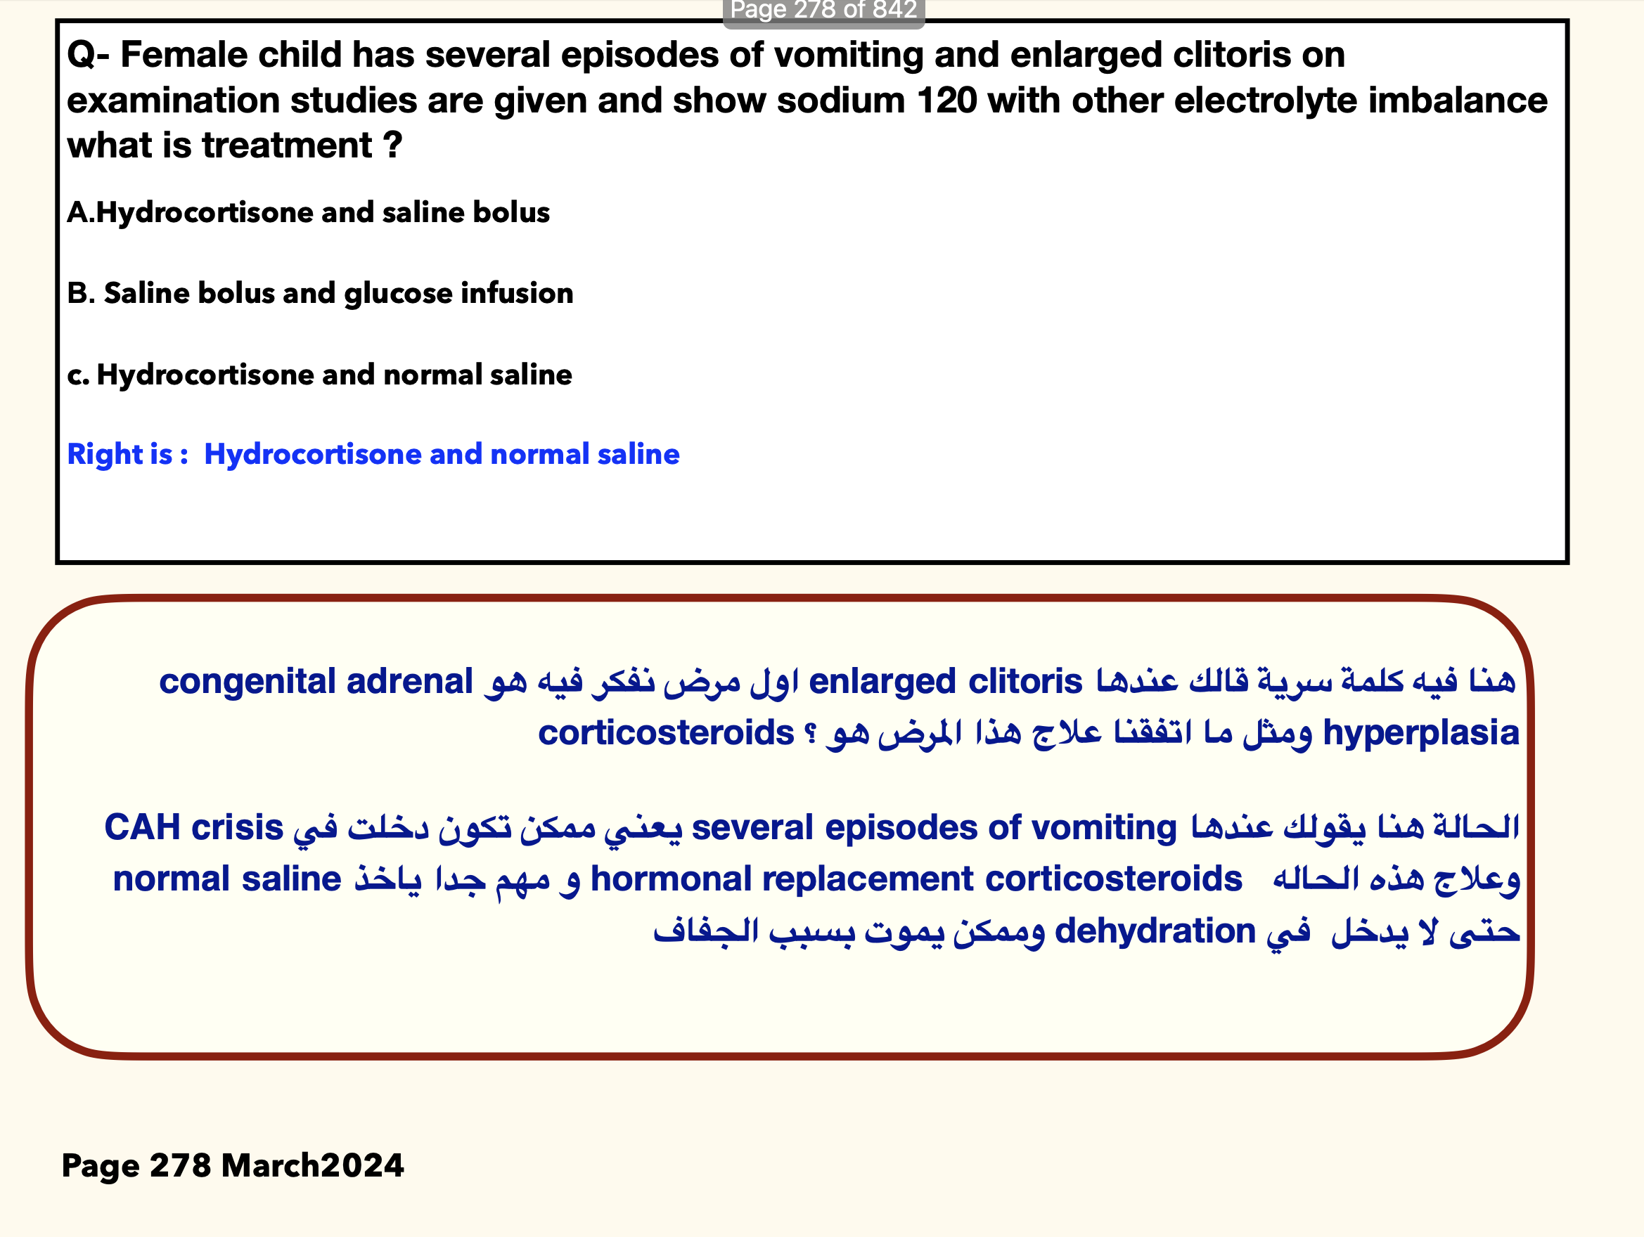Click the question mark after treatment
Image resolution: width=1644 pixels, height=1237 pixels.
pyautogui.click(x=393, y=145)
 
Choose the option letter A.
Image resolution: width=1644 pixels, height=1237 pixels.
pyautogui.click(x=79, y=212)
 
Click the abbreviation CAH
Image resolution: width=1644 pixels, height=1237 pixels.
pyautogui.click(x=141, y=828)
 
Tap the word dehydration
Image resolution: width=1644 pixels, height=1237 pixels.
pyautogui.click(x=1154, y=931)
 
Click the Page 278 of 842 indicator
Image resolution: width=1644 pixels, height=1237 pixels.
pyautogui.click(x=823, y=11)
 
